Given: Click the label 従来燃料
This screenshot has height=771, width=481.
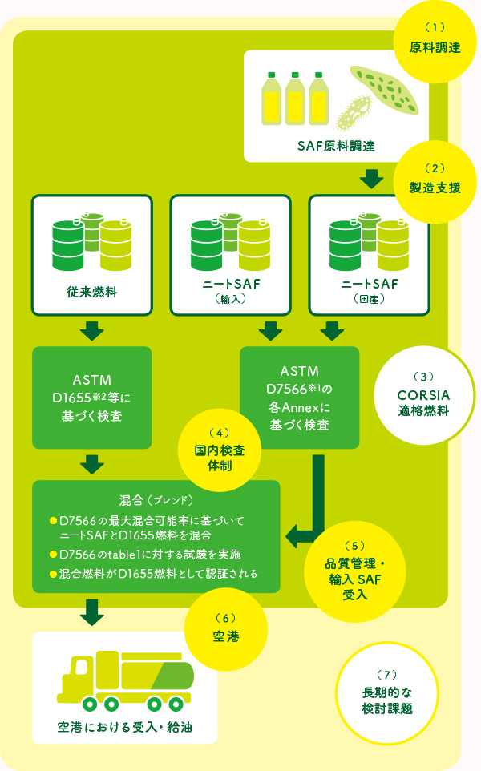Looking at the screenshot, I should point(92,293).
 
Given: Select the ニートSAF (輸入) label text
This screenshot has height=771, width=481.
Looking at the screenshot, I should point(230,290).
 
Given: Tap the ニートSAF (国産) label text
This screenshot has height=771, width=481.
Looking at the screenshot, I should point(370,290).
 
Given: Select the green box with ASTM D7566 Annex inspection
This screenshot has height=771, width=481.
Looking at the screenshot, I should point(300,398).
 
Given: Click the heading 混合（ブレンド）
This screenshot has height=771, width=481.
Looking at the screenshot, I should point(156,499).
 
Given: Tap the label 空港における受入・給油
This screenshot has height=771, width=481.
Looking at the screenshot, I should point(125,727).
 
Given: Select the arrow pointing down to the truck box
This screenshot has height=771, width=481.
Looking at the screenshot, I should point(92,614).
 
